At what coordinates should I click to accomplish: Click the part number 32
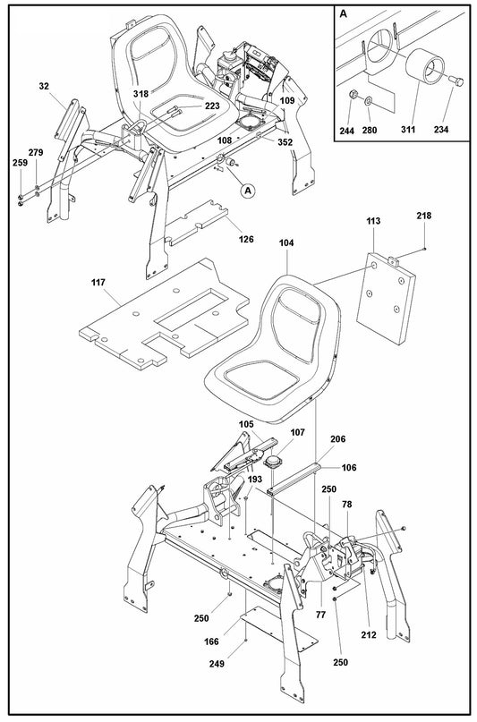(44, 86)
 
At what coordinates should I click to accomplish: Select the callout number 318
(141, 93)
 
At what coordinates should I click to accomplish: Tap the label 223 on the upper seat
(212, 106)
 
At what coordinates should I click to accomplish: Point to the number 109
(287, 101)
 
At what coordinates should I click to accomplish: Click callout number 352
(285, 141)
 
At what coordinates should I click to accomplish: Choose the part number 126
(246, 239)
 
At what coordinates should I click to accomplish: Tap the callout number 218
(423, 217)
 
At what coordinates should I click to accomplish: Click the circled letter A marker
(246, 190)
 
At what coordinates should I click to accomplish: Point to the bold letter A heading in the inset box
(343, 14)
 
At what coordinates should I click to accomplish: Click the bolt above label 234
(454, 83)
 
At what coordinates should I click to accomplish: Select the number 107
(296, 433)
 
